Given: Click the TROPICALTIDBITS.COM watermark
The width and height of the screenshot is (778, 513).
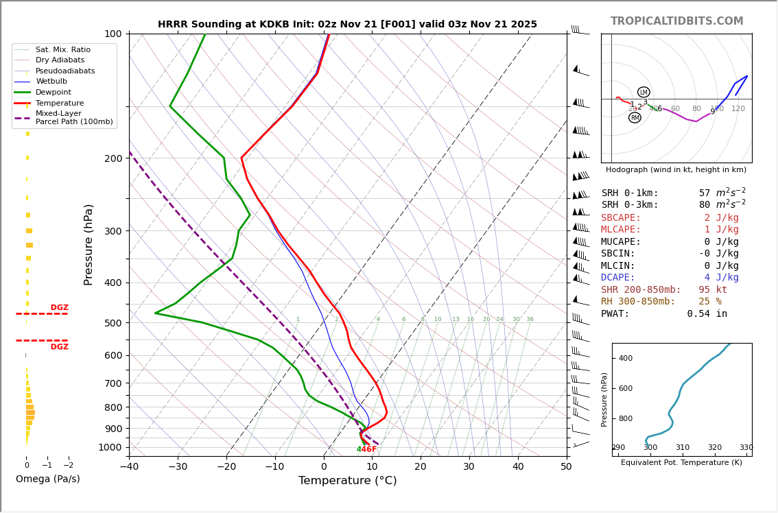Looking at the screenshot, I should click(676, 21).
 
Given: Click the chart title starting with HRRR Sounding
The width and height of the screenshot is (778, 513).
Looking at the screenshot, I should click(347, 25).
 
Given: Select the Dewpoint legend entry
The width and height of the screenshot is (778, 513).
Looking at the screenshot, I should click(54, 93).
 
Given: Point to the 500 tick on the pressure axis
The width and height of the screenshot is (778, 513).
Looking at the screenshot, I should click(113, 323).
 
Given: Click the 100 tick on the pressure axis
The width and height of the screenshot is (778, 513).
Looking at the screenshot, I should click(113, 34).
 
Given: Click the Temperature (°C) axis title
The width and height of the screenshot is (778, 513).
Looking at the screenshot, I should click(347, 481).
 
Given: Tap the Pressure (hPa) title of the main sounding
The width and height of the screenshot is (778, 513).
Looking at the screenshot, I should click(89, 244).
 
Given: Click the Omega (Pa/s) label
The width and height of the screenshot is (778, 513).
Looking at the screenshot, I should click(47, 479).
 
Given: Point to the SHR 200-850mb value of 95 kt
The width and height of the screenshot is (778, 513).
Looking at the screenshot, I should click(713, 290).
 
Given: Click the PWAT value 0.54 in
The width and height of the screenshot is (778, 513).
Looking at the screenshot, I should click(707, 314).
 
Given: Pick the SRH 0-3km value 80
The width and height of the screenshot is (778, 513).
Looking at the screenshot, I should click(705, 205).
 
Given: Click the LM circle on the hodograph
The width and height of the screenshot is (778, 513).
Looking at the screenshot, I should click(644, 92).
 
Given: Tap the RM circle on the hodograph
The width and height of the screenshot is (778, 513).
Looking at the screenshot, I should click(635, 118).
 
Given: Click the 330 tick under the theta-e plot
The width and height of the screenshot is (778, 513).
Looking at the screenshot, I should click(746, 448).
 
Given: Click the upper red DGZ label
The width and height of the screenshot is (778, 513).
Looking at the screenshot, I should click(59, 308).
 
